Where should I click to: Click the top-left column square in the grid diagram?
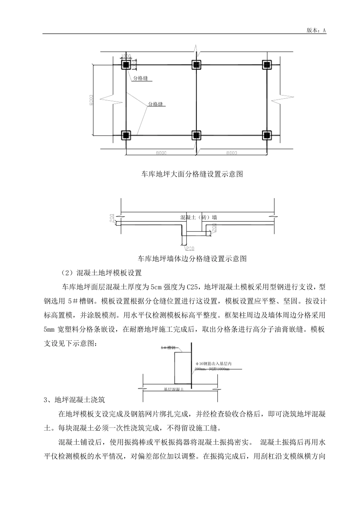pyautogui.click(x=126, y=65)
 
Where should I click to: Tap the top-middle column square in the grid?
pyautogui.click(x=196, y=65)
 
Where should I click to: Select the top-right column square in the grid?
pyautogui.click(x=267, y=65)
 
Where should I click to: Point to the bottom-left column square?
pyautogui.click(x=126, y=134)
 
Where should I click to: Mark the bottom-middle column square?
pyautogui.click(x=196, y=135)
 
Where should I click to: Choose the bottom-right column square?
pyautogui.click(x=267, y=135)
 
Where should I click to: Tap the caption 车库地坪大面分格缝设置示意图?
pyautogui.click(x=192, y=174)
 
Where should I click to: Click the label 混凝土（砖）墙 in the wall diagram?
pyautogui.click(x=199, y=217)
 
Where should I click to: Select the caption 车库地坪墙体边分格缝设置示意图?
pyautogui.click(x=192, y=259)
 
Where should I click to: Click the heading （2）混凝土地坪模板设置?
pyautogui.click(x=101, y=273)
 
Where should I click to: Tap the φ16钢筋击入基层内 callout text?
pyautogui.click(x=213, y=364)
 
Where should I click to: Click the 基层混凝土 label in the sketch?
pyautogui.click(x=174, y=389)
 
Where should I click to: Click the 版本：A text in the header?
pyautogui.click(x=316, y=30)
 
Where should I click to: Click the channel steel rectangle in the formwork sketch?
pyautogui.click(x=182, y=368)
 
